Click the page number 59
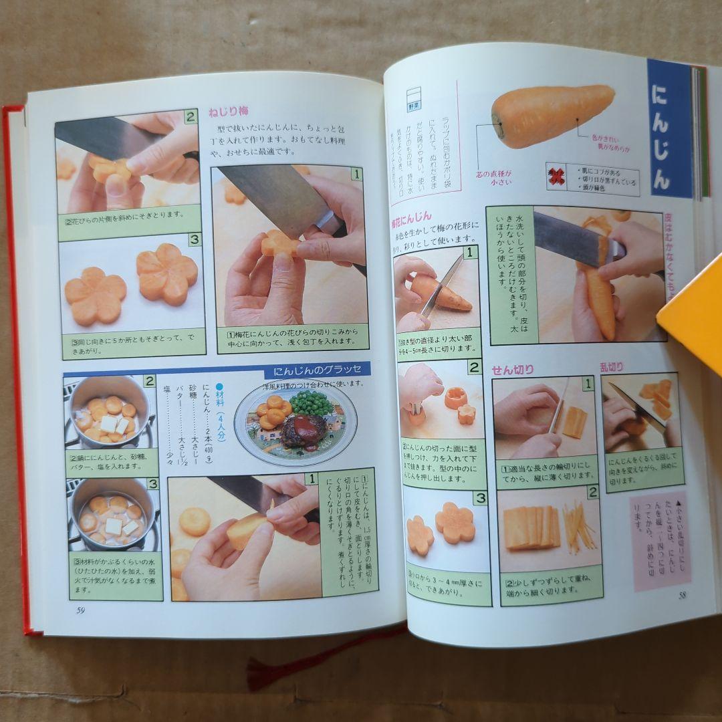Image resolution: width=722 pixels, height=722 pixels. click(80, 609)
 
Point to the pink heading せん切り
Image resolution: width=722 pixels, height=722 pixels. click(513, 369)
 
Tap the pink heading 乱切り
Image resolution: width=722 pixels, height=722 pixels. click(611, 366)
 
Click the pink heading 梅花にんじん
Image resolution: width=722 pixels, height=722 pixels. click(411, 217)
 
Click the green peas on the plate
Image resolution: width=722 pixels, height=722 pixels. click(312, 403)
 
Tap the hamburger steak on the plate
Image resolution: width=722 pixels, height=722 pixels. click(304, 431)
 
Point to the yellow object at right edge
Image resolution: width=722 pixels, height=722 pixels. click(695, 314)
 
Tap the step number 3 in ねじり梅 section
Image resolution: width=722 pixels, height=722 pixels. click(195, 239)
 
